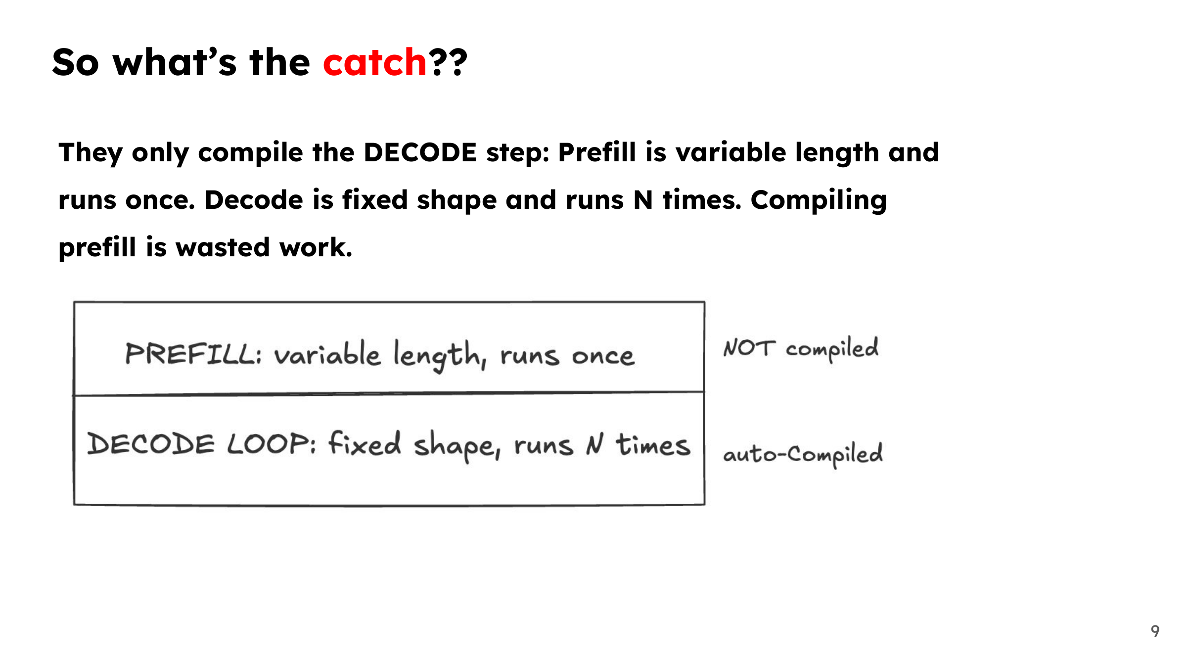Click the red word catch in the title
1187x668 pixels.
pos(374,62)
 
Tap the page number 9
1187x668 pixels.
pos(1155,631)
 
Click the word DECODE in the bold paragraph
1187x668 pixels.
pos(420,152)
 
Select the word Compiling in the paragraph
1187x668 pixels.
pos(819,201)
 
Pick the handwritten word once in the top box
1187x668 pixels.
pos(603,356)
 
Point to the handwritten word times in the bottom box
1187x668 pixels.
pos(653,444)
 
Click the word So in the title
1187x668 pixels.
pos(76,62)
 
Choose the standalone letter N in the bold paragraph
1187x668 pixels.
pos(643,200)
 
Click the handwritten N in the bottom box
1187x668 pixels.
pos(595,443)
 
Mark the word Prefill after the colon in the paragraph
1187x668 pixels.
pos(597,152)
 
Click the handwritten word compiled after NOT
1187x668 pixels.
pos(832,348)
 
